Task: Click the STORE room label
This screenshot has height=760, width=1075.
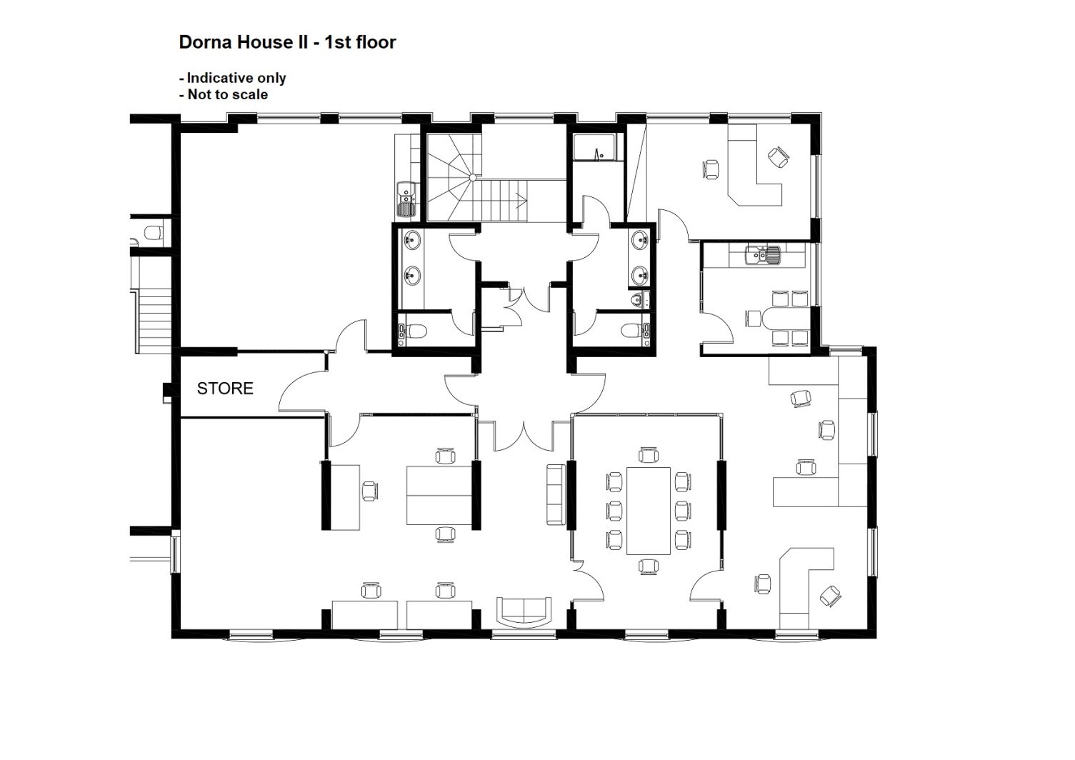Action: point(225,388)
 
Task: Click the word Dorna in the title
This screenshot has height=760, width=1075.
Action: point(206,42)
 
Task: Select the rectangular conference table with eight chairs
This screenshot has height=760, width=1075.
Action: point(649,511)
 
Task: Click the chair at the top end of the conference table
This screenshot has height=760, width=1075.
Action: point(649,455)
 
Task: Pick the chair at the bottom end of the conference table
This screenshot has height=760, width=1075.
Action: point(649,566)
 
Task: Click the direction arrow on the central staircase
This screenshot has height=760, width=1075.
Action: point(521,200)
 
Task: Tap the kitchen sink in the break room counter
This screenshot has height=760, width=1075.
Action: point(763,254)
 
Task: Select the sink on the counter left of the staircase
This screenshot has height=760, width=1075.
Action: point(406,199)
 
